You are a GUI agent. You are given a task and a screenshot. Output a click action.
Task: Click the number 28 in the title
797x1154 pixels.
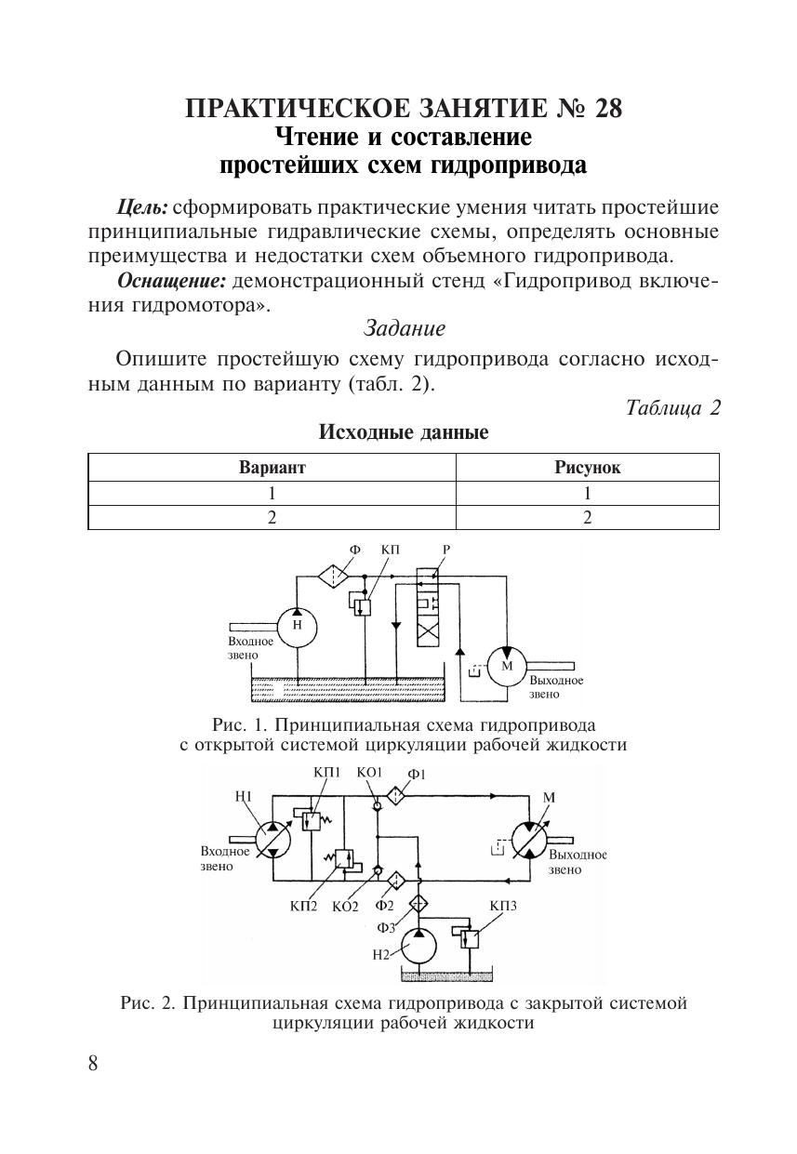[608, 108]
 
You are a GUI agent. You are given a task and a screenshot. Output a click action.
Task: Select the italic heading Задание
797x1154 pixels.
[405, 328]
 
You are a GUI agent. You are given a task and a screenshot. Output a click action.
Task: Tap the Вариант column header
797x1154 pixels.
[272, 467]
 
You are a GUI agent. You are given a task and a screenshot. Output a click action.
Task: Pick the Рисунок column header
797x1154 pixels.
[588, 467]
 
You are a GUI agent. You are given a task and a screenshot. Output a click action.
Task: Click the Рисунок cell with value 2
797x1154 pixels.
[588, 517]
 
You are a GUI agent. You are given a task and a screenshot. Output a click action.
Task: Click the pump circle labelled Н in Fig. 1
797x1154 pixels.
[298, 627]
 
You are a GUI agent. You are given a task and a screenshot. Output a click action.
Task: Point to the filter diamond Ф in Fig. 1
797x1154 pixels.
[333, 576]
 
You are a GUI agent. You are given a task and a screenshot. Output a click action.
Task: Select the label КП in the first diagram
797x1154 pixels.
[390, 550]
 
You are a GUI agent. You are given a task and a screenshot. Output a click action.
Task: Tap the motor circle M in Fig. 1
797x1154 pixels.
[507, 666]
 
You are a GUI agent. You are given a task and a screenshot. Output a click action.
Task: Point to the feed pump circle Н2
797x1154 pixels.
[418, 946]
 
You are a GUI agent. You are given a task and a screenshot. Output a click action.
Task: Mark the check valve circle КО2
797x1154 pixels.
[378, 870]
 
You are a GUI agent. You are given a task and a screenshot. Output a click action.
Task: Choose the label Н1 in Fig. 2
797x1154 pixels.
[243, 797]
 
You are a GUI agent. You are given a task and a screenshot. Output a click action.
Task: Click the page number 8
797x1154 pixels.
[93, 1063]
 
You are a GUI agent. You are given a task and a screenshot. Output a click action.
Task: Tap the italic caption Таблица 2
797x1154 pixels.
[672, 408]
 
